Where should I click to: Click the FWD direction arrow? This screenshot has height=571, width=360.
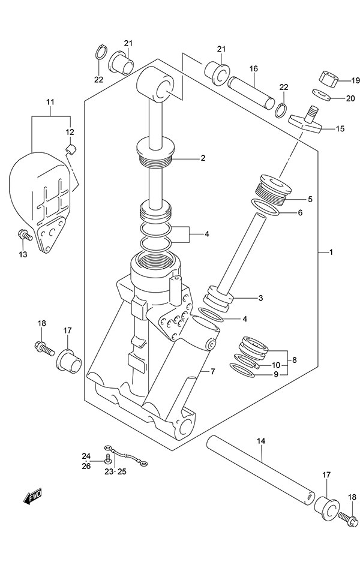32,496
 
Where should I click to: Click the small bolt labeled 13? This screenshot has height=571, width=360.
25,235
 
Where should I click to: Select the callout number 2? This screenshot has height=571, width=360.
203,158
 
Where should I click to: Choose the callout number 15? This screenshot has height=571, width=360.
341,128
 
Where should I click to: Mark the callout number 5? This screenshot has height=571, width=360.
310,199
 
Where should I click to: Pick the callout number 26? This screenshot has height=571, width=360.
86,466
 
